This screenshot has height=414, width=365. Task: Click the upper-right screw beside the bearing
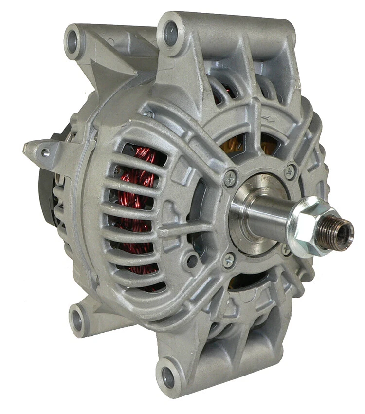(290, 170)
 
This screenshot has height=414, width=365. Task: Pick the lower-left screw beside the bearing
(229, 260)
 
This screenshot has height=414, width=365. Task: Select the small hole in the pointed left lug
(45, 152)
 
